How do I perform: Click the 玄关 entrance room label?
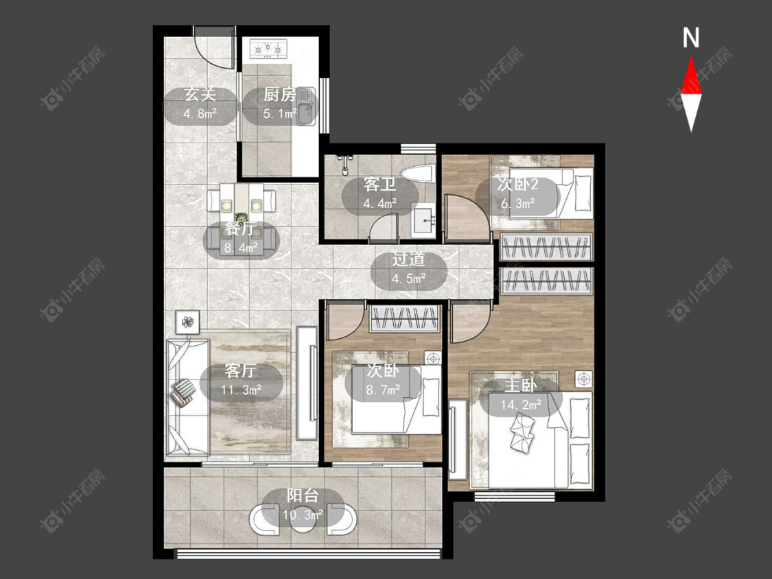(200, 94)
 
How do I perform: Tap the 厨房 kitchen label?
(280, 94)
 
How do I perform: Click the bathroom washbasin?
(424, 222)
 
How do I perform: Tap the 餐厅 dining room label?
(241, 229)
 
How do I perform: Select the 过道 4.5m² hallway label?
(409, 268)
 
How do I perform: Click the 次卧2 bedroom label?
(517, 184)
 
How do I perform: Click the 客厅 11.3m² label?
(241, 379)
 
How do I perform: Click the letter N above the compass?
(691, 38)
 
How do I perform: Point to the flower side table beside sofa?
(187, 322)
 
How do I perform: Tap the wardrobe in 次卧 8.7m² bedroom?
(404, 318)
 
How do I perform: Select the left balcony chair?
(264, 519)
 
